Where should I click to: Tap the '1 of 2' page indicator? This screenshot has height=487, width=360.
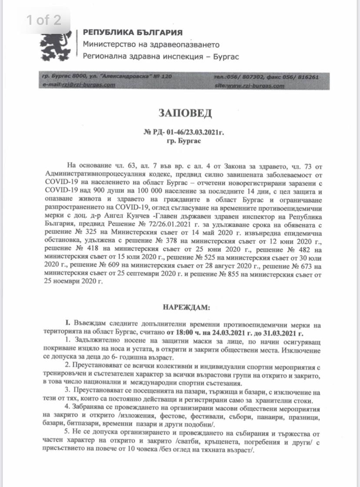pyautogui.click(x=43, y=20)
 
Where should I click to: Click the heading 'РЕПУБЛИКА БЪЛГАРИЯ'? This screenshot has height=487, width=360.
pyautogui.click(x=133, y=33)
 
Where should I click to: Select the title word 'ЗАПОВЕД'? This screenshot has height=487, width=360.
pyautogui.click(x=180, y=113)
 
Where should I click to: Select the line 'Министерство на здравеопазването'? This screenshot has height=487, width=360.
pyautogui.click(x=151, y=45)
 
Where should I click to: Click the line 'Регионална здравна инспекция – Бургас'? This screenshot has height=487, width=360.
pyautogui.click(x=161, y=57)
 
